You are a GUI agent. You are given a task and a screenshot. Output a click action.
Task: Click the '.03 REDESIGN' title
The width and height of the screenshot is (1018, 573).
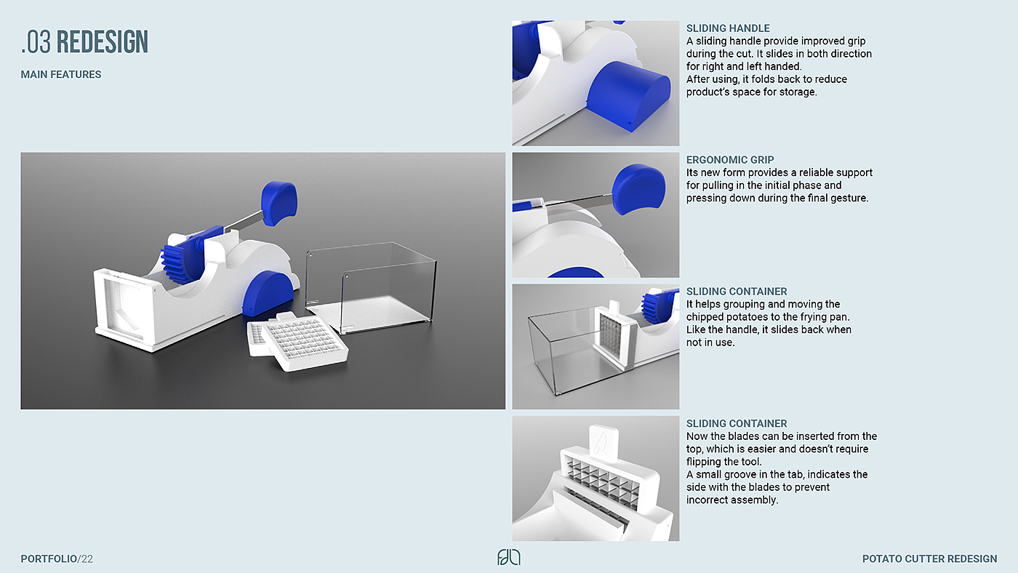pyautogui.click(x=84, y=42)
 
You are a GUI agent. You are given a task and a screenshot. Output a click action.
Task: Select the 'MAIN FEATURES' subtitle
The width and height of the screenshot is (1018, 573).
pyautogui.click(x=61, y=74)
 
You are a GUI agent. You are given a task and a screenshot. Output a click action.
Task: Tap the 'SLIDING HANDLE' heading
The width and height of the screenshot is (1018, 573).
pyautogui.click(x=728, y=28)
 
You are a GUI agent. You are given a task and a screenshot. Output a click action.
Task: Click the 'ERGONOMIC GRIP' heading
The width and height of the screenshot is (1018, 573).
pyautogui.click(x=730, y=160)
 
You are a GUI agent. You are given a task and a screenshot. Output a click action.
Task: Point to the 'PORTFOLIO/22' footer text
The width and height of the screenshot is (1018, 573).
pyautogui.click(x=57, y=559)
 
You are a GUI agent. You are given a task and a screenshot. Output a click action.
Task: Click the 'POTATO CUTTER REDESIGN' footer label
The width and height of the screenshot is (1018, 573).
pyautogui.click(x=929, y=559)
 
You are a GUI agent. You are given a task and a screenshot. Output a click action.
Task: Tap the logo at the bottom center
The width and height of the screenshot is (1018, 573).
pyautogui.click(x=508, y=557)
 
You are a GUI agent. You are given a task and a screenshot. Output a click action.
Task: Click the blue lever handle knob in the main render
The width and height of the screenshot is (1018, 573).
pyautogui.click(x=278, y=203)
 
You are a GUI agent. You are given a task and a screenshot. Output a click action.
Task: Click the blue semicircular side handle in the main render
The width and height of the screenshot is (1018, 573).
pyautogui.click(x=268, y=292)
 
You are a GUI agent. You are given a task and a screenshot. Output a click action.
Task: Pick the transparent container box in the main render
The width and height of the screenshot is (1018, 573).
pyautogui.click(x=370, y=287)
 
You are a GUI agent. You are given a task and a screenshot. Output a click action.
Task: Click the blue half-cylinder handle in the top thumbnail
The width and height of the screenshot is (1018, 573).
pyautogui.click(x=628, y=96)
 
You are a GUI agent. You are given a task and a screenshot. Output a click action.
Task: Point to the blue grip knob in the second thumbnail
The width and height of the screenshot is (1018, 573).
pyautogui.click(x=638, y=188)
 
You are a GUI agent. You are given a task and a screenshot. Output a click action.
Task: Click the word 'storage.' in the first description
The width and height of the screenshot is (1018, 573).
pyautogui.click(x=798, y=92)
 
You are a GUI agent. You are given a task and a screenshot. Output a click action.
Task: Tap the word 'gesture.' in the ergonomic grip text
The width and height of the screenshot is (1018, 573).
pyautogui.click(x=849, y=199)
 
